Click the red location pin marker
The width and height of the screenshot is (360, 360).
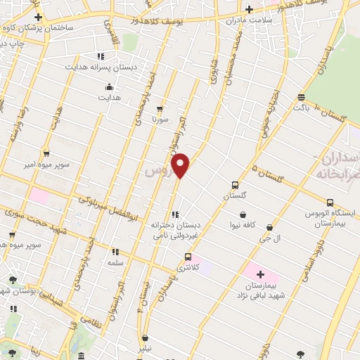(181, 165)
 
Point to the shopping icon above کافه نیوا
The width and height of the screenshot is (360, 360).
(243, 214)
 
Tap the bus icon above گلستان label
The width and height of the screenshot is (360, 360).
(235, 186)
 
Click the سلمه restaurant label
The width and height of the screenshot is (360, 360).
(115, 262)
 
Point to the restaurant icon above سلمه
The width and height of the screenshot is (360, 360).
(115, 251)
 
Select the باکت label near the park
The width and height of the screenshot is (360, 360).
(301, 108)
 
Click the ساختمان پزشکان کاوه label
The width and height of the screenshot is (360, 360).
(44, 28)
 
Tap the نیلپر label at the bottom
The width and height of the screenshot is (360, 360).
(143, 348)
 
